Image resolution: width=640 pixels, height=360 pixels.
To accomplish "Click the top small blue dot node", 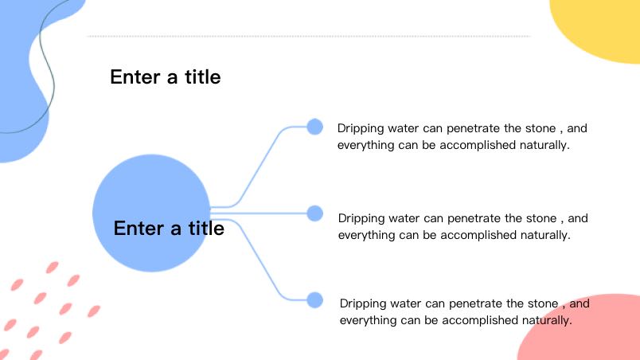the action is click(x=314, y=127).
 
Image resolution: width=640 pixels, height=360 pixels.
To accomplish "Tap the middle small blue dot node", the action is click(x=314, y=213).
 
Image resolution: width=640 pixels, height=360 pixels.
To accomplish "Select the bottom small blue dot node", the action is click(x=314, y=300).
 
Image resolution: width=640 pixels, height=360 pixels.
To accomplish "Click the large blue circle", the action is click(x=151, y=213).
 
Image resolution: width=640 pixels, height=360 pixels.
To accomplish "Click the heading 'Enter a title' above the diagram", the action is click(x=166, y=76).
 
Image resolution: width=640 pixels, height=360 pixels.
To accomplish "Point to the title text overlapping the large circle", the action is click(x=169, y=228).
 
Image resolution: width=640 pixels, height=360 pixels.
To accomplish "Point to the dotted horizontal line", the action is click(x=309, y=37).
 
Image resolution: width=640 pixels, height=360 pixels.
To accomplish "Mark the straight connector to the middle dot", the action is click(x=259, y=213).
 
